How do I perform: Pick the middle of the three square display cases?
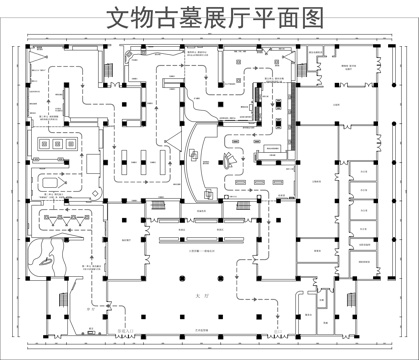(58, 146)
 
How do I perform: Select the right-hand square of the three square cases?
(73, 146)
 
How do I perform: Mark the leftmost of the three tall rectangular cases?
(127, 160)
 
